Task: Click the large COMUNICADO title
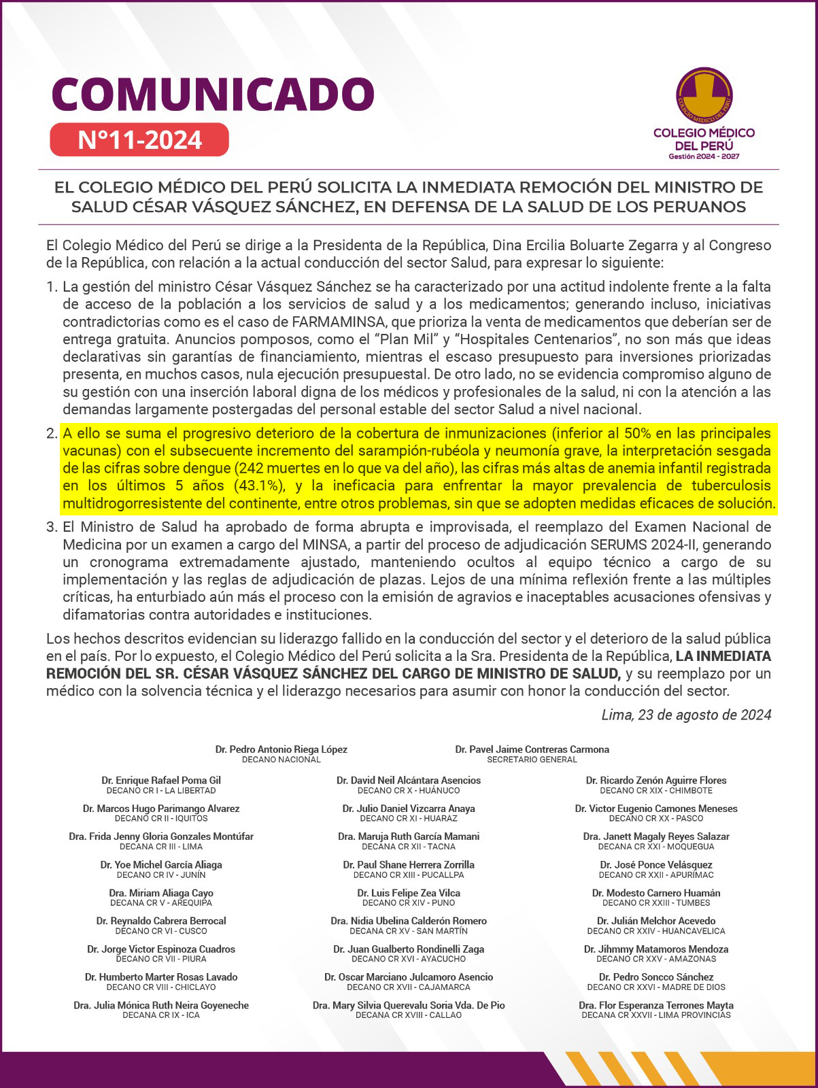click(x=213, y=94)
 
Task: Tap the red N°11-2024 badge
click(x=139, y=139)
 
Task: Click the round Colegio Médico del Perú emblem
click(x=704, y=95)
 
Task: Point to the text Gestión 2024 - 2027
click(x=704, y=156)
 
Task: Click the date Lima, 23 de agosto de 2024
click(x=686, y=715)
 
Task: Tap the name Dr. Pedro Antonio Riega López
click(x=282, y=749)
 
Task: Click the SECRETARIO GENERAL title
click(x=532, y=760)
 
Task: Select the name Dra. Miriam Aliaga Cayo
click(x=161, y=893)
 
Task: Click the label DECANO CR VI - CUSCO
click(x=161, y=931)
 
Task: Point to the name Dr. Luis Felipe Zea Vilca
click(x=409, y=893)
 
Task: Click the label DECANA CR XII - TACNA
click(x=409, y=847)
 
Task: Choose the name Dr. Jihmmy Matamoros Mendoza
click(x=656, y=949)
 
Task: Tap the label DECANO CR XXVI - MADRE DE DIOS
click(x=656, y=987)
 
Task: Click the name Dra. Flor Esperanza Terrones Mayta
click(x=656, y=1005)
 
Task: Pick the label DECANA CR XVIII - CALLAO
click(x=409, y=1015)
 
